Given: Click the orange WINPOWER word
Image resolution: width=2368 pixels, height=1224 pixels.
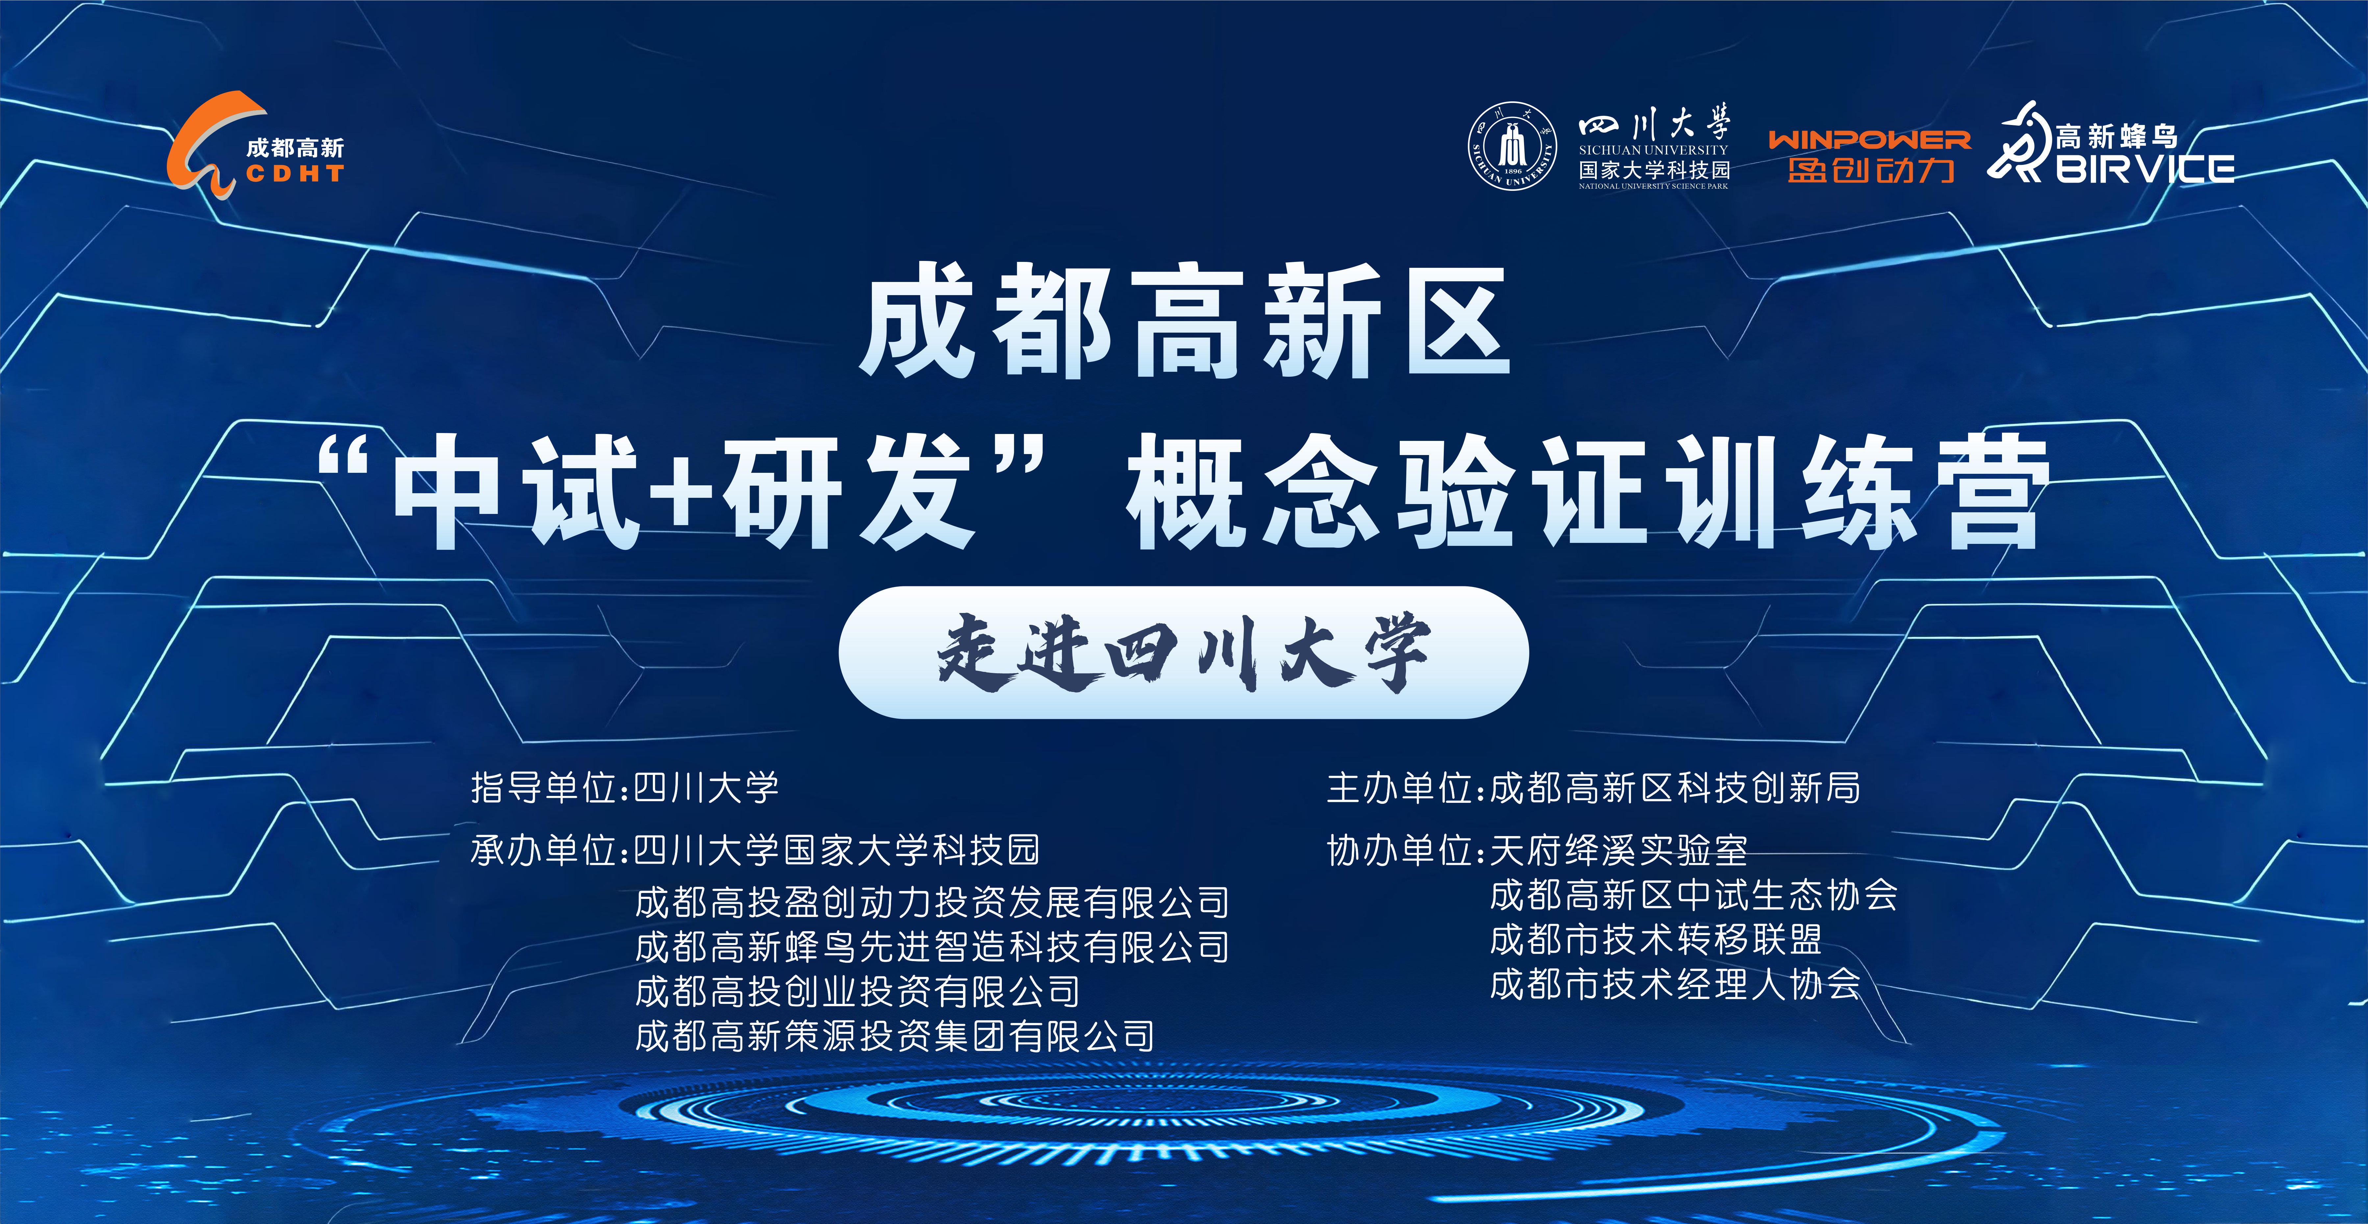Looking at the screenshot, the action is coord(1870,140).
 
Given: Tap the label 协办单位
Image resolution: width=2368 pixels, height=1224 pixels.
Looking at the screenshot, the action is coord(1400,850).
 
